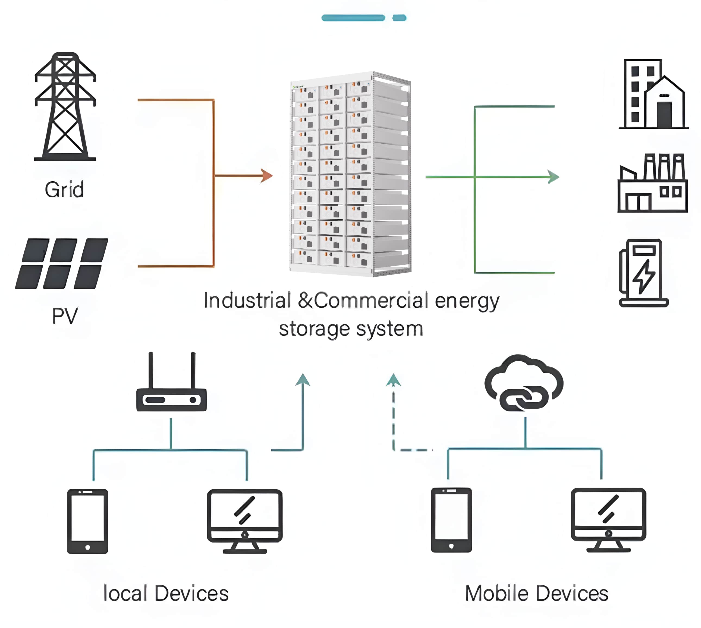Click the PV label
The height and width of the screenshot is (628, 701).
(x=65, y=315)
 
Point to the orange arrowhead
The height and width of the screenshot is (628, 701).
(x=266, y=176)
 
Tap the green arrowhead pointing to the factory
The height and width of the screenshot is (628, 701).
(x=553, y=177)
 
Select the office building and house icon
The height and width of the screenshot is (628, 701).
(x=653, y=94)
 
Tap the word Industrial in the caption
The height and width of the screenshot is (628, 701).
(x=247, y=300)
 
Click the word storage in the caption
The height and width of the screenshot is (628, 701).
(x=313, y=329)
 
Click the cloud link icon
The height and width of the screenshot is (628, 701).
(x=524, y=383)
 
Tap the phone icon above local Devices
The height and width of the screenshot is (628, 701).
(x=87, y=521)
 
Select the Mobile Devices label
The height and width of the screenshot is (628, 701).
(x=536, y=594)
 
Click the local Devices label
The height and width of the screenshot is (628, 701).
(x=166, y=594)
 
